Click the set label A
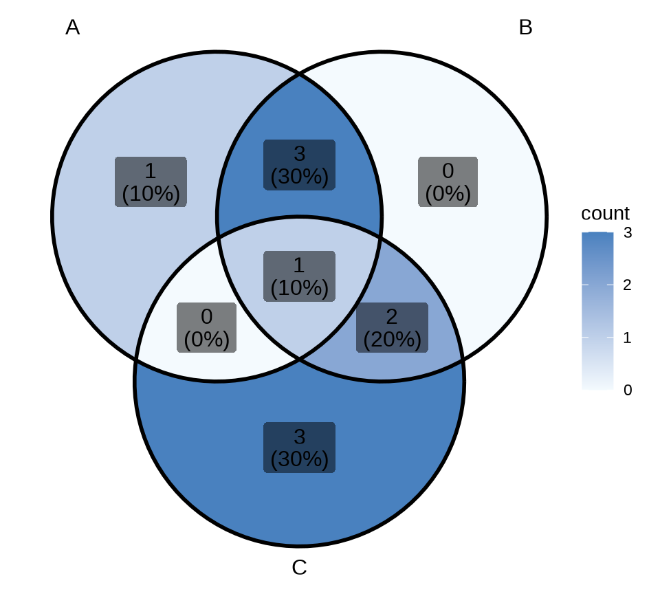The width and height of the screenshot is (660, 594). [x=72, y=27]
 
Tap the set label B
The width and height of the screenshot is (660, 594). [x=525, y=27]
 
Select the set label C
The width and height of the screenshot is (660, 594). [x=299, y=568]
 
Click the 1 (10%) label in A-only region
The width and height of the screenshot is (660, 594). [x=151, y=182]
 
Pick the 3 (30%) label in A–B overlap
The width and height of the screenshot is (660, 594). [x=299, y=165]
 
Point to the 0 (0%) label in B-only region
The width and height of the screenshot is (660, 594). [x=448, y=182]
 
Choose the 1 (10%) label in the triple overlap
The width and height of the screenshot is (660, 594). [x=299, y=276]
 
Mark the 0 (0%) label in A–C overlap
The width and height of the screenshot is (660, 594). [x=206, y=328]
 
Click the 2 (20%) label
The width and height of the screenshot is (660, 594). [x=392, y=328]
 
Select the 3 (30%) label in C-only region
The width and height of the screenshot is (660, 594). [x=299, y=448]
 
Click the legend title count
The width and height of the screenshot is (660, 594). [x=605, y=213]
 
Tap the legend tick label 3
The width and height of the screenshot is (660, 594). [x=628, y=233]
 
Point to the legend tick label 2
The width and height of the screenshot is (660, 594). [x=628, y=285]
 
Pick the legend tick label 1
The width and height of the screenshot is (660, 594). [x=628, y=338]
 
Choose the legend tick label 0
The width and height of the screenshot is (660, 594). [x=628, y=390]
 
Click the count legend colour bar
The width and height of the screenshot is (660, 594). [x=597, y=311]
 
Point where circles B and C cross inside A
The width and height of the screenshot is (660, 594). [x=217, y=238]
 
